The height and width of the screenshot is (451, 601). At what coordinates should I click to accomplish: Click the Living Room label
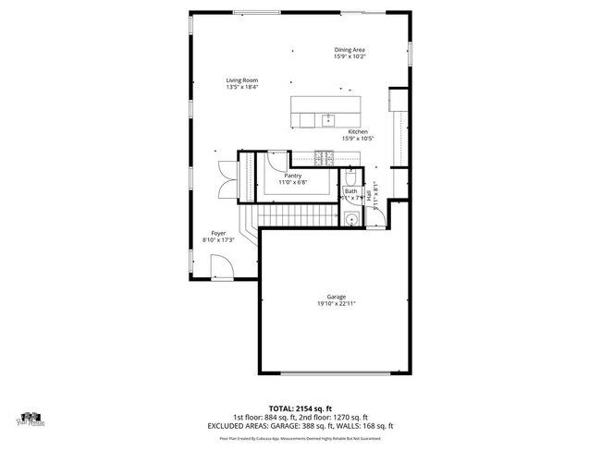click(241, 80)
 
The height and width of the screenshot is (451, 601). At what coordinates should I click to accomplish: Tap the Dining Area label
click(350, 50)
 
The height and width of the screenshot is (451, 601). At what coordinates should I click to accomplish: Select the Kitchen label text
click(358, 132)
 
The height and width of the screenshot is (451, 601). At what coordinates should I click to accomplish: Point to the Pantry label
click(293, 176)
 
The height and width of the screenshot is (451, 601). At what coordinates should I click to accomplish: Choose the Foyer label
click(218, 234)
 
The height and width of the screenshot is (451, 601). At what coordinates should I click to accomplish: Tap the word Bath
click(350, 191)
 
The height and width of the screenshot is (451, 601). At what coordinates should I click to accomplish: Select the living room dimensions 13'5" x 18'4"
click(241, 88)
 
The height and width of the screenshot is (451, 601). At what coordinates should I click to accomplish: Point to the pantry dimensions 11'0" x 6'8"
click(293, 182)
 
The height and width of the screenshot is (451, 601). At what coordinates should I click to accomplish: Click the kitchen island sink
click(326, 118)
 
